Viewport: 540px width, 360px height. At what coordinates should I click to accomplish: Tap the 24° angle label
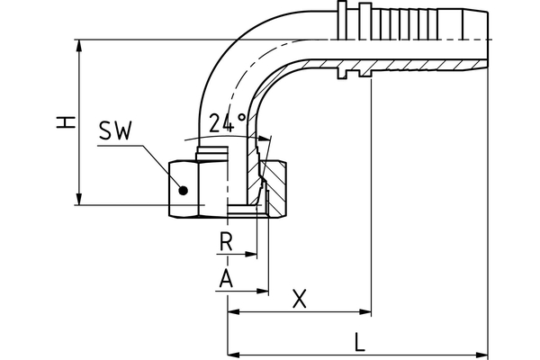coord(227,124)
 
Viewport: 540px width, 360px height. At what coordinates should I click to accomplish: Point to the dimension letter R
coord(227,242)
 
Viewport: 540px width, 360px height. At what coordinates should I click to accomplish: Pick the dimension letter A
coord(227,279)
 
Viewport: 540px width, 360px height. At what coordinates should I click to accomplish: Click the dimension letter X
coord(301,299)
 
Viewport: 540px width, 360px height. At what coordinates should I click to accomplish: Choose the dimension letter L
coord(359,341)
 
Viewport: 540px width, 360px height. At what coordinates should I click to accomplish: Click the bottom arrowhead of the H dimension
coord(80,200)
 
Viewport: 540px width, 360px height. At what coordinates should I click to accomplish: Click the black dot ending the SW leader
coord(183,190)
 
